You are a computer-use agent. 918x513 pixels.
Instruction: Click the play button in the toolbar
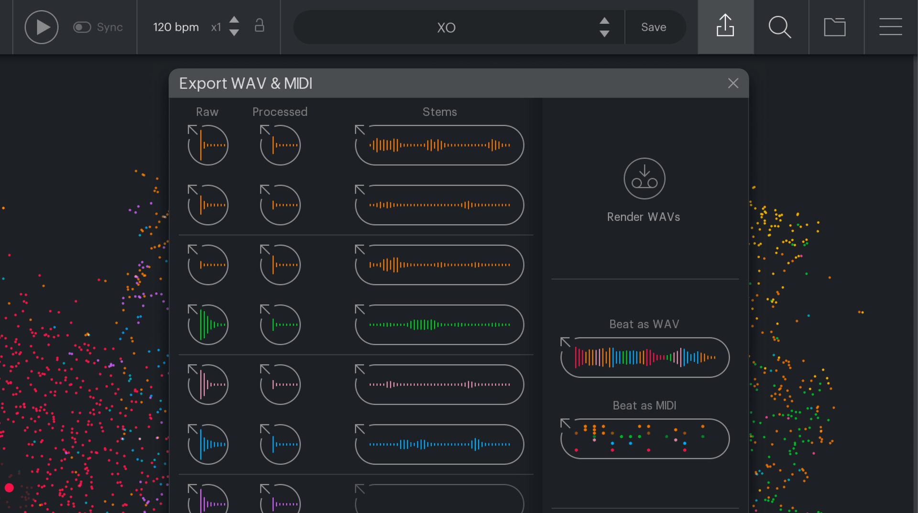(42, 27)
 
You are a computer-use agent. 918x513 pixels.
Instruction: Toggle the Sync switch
(82, 27)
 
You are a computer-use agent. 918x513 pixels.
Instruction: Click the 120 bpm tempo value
(175, 27)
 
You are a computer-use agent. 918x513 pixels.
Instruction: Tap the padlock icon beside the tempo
(259, 26)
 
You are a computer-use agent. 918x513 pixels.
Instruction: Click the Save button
(653, 27)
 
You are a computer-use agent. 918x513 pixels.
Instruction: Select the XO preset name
(446, 28)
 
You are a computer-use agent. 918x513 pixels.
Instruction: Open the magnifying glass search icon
(779, 27)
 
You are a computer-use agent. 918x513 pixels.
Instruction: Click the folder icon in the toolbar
(835, 27)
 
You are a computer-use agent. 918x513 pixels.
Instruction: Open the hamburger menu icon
(890, 27)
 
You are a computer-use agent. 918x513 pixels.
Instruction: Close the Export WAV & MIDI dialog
(733, 83)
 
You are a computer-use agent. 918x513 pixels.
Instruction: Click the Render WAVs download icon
(644, 179)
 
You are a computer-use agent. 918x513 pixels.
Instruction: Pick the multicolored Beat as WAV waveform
(645, 358)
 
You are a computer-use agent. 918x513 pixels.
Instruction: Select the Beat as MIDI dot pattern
(645, 439)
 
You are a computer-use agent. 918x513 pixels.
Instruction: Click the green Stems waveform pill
(439, 325)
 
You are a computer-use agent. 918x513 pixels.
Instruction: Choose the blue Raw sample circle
(208, 444)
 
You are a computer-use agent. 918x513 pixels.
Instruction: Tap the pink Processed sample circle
(280, 384)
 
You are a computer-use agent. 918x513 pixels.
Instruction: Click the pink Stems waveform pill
(439, 384)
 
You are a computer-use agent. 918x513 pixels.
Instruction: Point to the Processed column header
(280, 112)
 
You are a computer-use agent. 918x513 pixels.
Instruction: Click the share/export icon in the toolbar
(725, 26)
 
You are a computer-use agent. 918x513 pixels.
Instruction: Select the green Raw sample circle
(208, 325)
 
